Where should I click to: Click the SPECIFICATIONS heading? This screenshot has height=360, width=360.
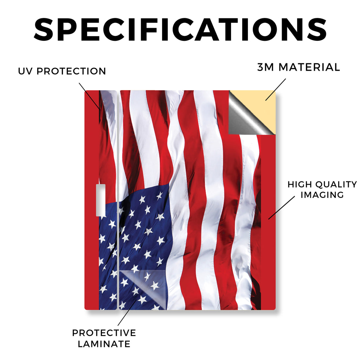click(180, 30)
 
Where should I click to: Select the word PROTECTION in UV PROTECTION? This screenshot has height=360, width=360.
click(71, 71)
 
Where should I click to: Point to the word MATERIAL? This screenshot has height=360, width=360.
click(309, 67)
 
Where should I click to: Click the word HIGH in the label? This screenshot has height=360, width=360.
click(300, 184)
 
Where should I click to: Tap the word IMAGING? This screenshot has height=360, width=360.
click(322, 195)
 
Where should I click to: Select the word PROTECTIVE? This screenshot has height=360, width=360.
click(104, 333)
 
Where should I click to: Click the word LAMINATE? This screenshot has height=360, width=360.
click(104, 344)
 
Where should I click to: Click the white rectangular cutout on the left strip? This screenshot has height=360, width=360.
click(101, 200)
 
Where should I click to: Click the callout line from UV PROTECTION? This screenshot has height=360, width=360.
click(90, 96)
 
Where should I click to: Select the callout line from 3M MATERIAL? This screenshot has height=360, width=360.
click(276, 90)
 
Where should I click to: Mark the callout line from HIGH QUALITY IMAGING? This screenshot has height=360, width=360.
click(282, 207)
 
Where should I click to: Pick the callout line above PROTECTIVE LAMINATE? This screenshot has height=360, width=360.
click(128, 312)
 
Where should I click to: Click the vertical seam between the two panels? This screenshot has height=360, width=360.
click(118, 200)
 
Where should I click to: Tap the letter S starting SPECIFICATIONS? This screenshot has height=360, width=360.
click(43, 30)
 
